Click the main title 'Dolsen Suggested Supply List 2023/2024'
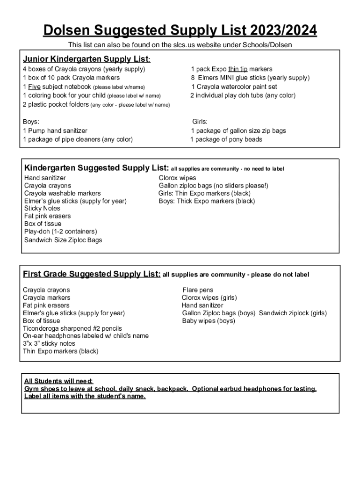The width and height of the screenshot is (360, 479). point(180,31)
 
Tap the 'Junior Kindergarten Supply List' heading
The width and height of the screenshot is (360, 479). point(86,59)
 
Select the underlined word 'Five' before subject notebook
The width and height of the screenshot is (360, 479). point(34,87)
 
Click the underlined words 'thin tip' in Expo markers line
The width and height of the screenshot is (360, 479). point(238,69)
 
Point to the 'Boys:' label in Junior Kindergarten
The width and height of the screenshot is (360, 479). point(31,122)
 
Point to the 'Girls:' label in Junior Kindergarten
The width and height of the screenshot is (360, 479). point(200,122)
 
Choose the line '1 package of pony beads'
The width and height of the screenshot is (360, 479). point(226,139)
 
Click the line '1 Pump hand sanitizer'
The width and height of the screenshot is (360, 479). point(55,131)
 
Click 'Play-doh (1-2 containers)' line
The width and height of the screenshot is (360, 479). point(61,231)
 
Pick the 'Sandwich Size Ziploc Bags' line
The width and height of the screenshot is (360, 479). point(63,240)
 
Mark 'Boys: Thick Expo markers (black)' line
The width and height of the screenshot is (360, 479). point(207,201)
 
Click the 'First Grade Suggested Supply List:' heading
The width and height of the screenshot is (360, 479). point(92,274)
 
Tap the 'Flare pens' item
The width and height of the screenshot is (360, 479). point(198,290)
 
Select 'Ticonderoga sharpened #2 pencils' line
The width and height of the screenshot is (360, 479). point(72,328)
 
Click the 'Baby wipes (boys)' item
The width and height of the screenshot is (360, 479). point(209,321)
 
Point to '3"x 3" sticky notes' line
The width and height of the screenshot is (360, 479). point(49,343)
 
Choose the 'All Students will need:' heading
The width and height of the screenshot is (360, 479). point(58,381)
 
